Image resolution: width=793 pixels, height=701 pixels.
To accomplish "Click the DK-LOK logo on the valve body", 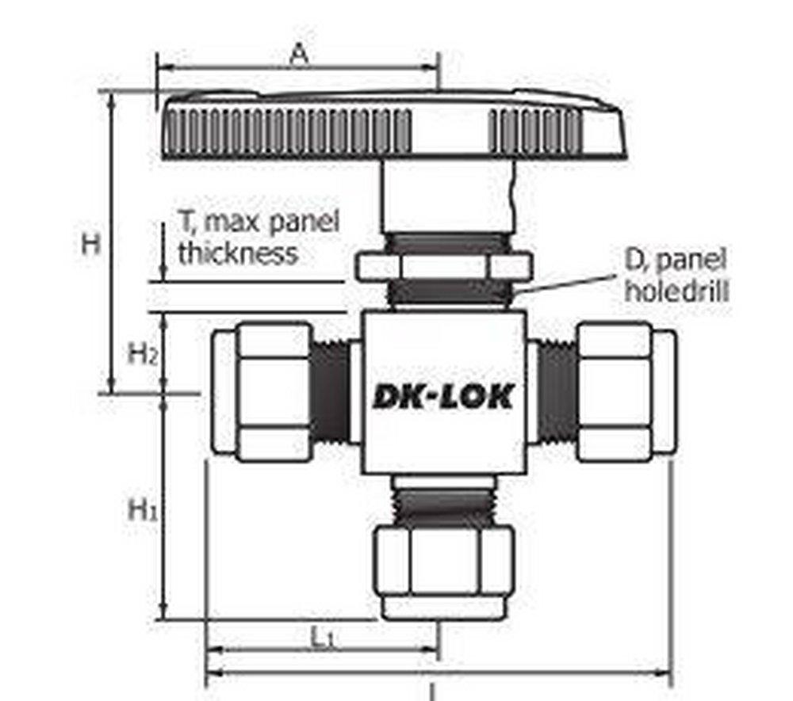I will (x=442, y=395).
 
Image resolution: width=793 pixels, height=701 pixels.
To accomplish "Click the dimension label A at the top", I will (x=297, y=55).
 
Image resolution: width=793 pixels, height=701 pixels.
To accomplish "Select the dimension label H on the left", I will (x=92, y=244).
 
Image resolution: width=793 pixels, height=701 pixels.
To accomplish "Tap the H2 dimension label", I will (x=144, y=353).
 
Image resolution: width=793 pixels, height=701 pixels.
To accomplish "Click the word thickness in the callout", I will (x=237, y=254).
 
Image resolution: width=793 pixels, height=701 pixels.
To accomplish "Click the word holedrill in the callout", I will (x=676, y=290).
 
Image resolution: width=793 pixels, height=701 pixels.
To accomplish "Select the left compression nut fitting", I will (x=263, y=392).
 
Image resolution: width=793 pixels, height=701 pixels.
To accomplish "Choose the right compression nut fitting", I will (x=625, y=392).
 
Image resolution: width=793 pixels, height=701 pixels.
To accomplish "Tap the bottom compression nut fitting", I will (x=443, y=569).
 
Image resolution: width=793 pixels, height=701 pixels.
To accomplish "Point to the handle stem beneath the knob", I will (x=442, y=196).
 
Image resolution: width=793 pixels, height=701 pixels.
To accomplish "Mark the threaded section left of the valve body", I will (x=330, y=392).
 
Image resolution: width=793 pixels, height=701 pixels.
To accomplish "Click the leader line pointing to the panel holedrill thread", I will (x=567, y=284).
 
